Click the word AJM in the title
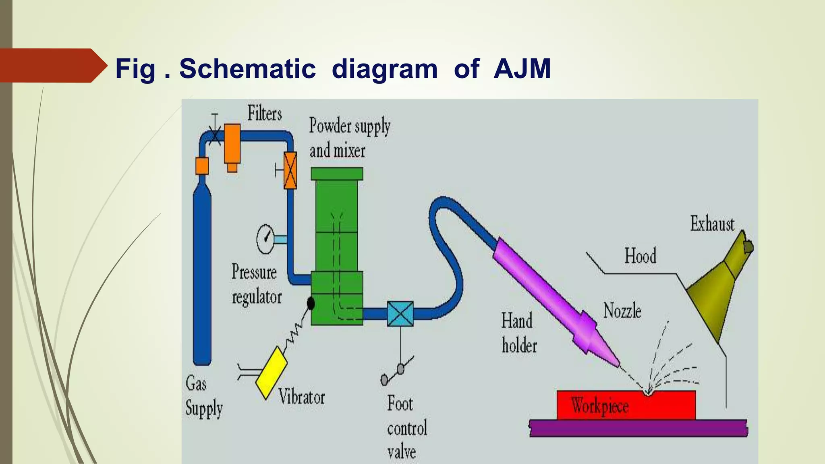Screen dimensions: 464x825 click(522, 68)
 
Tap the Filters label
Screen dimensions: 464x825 click(264, 113)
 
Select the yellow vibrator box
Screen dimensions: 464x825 click(272, 373)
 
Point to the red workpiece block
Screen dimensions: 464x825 click(626, 405)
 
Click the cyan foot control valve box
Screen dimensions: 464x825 click(400, 313)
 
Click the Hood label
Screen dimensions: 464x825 click(640, 256)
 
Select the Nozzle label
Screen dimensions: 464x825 click(622, 311)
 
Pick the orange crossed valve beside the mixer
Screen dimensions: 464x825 click(290, 170)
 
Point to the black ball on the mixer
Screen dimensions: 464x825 click(311, 303)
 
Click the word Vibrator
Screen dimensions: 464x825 click(301, 397)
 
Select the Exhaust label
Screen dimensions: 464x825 click(712, 224)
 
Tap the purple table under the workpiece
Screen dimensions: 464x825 click(638, 428)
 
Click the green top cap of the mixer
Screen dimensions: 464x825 click(337, 174)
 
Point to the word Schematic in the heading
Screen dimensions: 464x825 click(247, 68)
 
